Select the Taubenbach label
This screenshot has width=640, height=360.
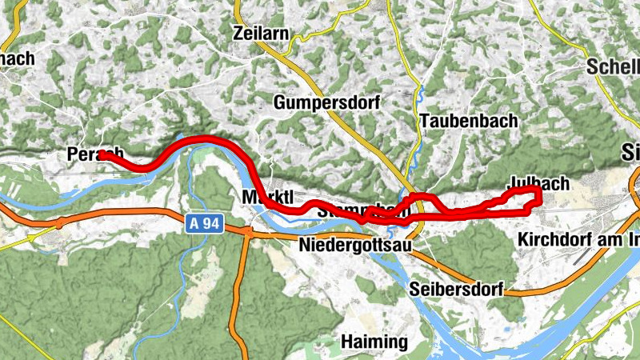click(468, 121)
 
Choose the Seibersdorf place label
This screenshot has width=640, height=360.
click(456, 290)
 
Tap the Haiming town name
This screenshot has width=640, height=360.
click(374, 342)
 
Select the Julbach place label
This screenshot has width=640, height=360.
click(538, 183)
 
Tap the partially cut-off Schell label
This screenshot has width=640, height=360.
click(613, 66)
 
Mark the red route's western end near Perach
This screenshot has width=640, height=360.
click(102, 155)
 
